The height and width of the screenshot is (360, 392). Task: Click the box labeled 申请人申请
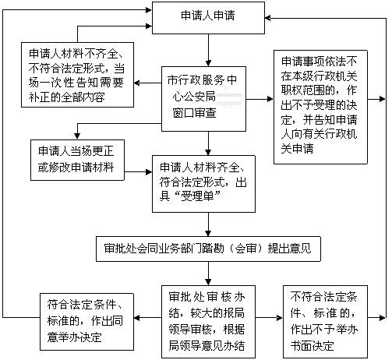(x=208, y=18)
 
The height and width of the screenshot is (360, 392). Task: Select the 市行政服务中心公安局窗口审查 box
(x=203, y=99)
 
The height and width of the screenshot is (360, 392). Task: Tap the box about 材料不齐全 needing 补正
(x=77, y=75)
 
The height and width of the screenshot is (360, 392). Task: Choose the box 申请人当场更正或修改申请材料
(x=77, y=160)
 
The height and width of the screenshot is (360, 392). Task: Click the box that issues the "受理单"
(x=203, y=184)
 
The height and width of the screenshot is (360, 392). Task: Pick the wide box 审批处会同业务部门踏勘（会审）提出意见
(x=208, y=249)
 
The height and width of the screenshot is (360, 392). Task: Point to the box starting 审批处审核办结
(x=208, y=322)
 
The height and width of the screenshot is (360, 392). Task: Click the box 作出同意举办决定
(x=87, y=322)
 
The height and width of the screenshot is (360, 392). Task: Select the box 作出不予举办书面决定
(x=325, y=322)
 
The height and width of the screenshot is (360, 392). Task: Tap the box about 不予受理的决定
(x=320, y=107)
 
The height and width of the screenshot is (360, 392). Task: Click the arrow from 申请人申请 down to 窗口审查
(x=208, y=50)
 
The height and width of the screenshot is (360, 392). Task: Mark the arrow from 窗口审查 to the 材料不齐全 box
(x=147, y=83)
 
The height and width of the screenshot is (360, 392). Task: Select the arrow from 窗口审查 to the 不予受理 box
(x=260, y=99)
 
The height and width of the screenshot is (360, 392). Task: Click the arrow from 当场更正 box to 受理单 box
(x=138, y=172)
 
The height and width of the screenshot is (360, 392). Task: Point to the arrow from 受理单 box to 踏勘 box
(x=208, y=224)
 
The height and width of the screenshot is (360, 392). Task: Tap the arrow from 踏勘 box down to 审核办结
(x=208, y=274)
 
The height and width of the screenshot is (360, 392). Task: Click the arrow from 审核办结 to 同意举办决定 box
(x=147, y=317)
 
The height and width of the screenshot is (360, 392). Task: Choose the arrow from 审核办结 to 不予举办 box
(x=269, y=317)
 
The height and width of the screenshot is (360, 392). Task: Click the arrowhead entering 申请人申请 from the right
(x=268, y=18)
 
